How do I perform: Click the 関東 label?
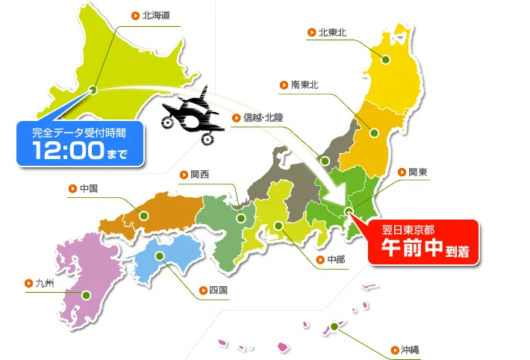pyautogui.click(x=417, y=172)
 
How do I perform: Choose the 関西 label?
pyautogui.click(x=200, y=175)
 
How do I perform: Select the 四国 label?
pyautogui.click(x=219, y=290)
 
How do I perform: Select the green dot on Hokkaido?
pyautogui.click(x=93, y=90)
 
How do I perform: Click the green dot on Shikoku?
pyautogui.click(x=159, y=256)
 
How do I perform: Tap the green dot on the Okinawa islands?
pyautogui.click(x=334, y=326)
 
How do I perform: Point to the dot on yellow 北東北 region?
pyautogui.click(x=387, y=59)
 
